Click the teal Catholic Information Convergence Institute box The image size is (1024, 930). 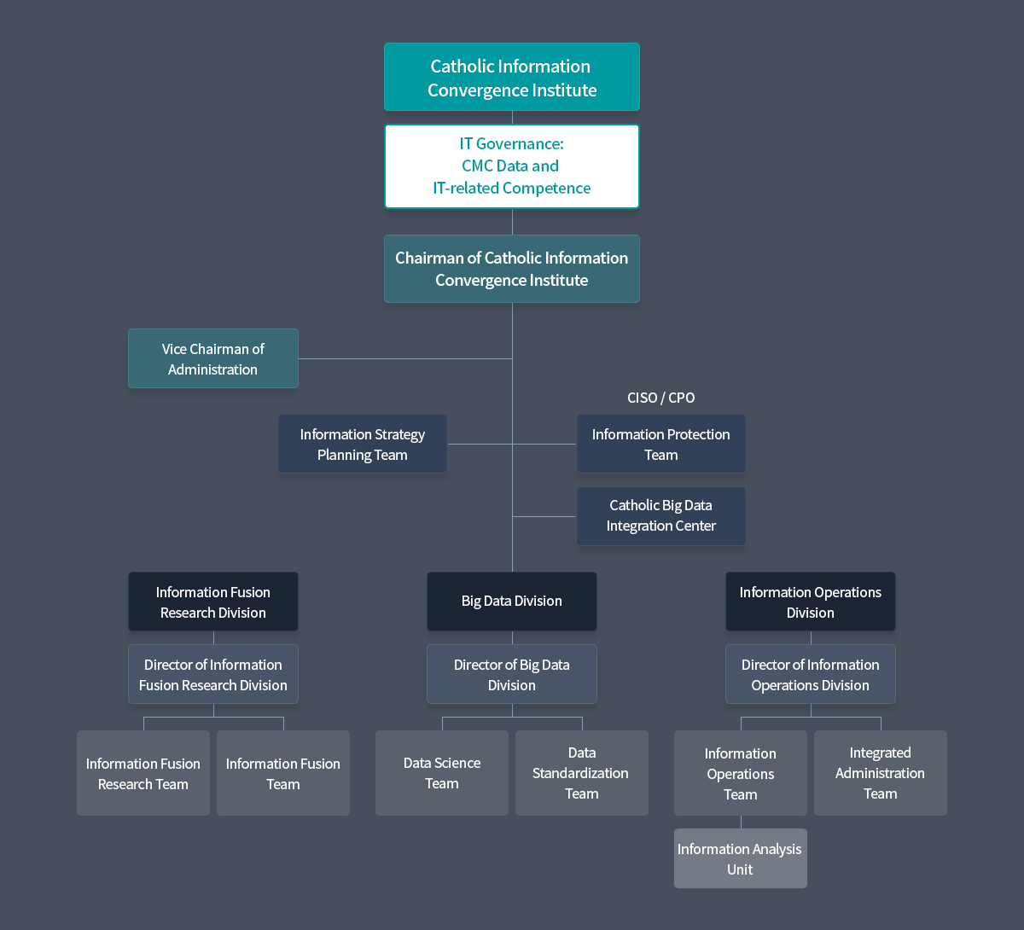pos(511,77)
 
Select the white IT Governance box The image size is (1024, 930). pos(511,166)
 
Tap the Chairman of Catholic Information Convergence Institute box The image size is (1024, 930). pos(511,269)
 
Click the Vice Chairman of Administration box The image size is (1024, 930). pos(212,358)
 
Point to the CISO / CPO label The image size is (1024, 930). pos(660,398)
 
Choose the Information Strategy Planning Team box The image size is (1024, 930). pos(362,444)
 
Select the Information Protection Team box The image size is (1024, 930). pos(660,444)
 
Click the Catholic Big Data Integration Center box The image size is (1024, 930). pos(660,516)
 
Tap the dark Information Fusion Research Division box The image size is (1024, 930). pos(212,602)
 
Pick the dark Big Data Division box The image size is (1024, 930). pos(511,602)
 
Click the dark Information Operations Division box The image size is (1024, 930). pos(810,602)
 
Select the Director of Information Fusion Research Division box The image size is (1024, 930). pos(212,674)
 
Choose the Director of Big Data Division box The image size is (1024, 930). pos(511,674)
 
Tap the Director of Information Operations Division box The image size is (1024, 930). pos(810,674)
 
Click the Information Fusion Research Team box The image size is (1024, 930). pos(143,773)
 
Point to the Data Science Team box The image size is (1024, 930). pos(441,773)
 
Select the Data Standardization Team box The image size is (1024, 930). pos(581,773)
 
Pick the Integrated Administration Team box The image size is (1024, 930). pos(880,773)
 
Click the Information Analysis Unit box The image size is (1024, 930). pos(740,858)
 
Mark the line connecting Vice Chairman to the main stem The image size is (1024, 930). pos(405,358)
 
